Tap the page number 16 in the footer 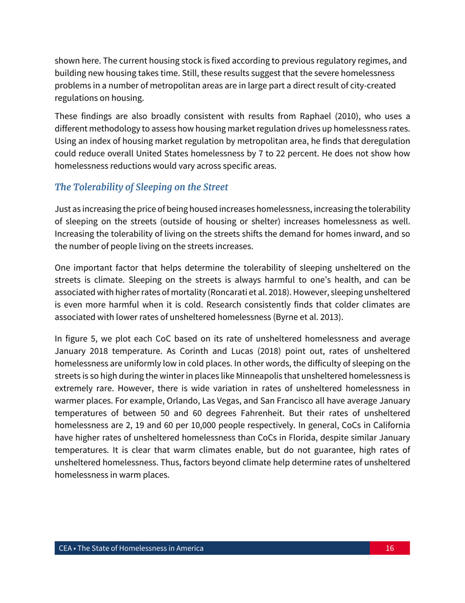(x=390, y=548)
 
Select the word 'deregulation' (x=386, y=141)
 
